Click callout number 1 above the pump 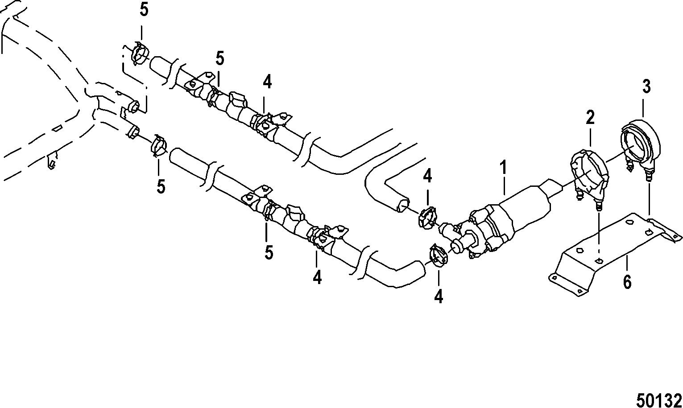[x=503, y=168]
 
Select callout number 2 [x=590, y=118]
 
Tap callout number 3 [x=646, y=87]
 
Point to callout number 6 [x=627, y=282]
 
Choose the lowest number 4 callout [x=439, y=297]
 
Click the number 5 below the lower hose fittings [x=268, y=252]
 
